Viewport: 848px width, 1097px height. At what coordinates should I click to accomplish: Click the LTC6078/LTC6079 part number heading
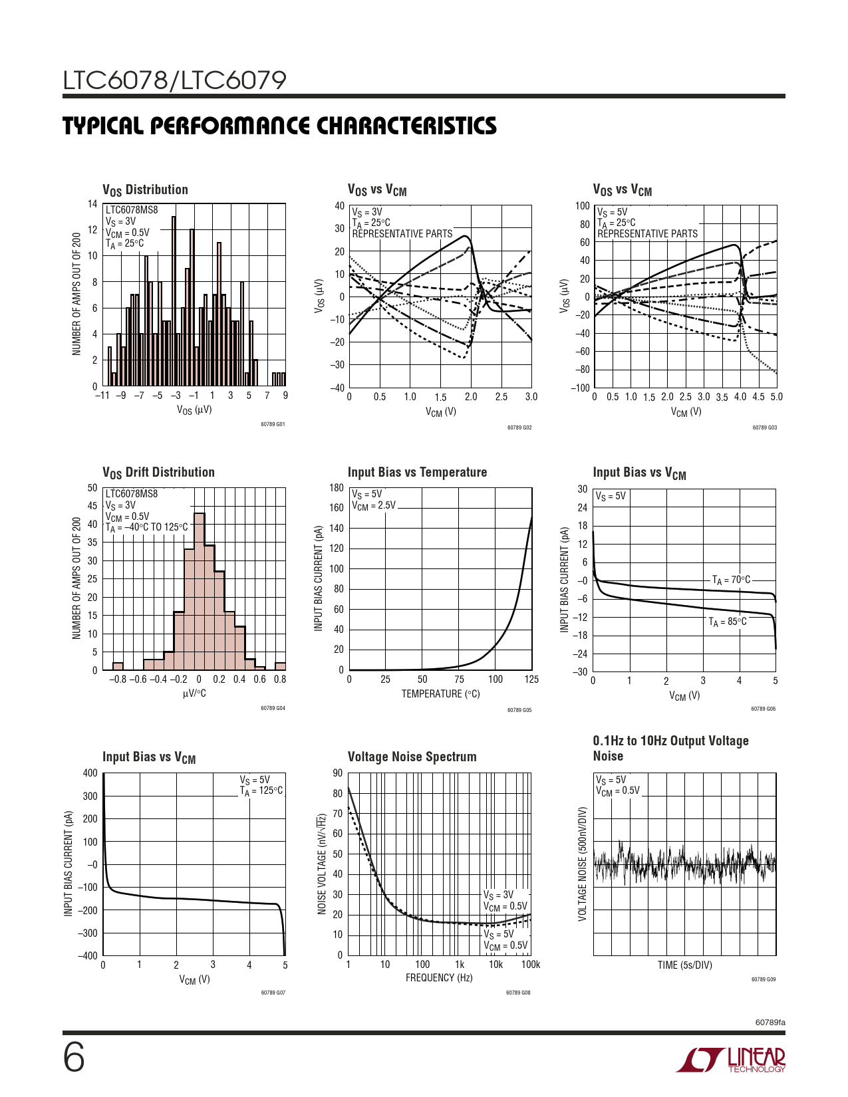174,80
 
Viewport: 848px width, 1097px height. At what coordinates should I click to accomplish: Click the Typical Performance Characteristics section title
279,126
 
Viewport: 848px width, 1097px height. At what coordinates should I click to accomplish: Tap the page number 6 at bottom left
74,1058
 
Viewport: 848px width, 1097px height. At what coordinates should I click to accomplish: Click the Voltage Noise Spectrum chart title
412,757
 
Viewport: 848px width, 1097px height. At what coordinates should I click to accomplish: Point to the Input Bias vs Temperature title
417,472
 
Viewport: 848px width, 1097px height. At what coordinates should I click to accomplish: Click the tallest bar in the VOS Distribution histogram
174,301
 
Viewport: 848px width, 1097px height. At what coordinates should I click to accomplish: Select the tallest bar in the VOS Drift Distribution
200,591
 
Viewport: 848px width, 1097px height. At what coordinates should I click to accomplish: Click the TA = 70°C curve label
731,580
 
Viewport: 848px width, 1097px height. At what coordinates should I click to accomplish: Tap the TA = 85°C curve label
727,622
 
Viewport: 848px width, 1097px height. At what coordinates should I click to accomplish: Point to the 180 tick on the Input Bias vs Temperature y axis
337,488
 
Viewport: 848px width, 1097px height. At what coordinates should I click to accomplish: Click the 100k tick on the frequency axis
530,965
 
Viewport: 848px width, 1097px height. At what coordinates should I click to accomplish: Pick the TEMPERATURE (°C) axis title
440,694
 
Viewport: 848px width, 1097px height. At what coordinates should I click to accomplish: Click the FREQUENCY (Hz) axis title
439,978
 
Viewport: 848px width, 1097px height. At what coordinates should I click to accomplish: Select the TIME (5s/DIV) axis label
684,965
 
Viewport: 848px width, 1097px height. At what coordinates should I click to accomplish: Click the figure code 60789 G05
519,710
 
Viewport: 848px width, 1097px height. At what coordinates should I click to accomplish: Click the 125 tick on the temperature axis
531,679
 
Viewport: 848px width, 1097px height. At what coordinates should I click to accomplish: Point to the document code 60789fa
770,1022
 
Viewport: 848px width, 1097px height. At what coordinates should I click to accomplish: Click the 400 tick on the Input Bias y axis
90,773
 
